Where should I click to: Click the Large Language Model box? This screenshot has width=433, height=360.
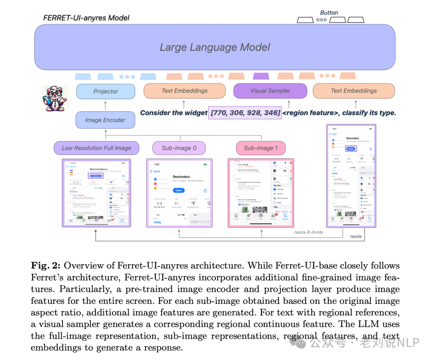(215, 47)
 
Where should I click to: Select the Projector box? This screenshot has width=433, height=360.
(105, 91)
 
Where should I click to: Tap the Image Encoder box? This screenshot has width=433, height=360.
(105, 120)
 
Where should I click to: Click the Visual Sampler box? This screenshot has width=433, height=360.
(270, 91)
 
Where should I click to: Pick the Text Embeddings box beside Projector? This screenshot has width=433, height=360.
(184, 91)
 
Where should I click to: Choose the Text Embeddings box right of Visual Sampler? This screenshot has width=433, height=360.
(354, 91)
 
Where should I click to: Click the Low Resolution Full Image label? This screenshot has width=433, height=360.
(96, 148)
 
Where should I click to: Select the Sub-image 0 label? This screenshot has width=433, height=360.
(179, 148)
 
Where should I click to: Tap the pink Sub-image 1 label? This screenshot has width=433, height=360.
(261, 148)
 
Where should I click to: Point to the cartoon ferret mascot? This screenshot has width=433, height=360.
(55, 98)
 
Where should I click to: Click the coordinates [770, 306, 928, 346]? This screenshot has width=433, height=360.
(245, 113)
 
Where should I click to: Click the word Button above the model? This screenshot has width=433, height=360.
(329, 12)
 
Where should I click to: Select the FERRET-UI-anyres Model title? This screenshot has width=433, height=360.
(86, 18)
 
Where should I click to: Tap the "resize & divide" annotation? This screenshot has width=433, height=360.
(308, 232)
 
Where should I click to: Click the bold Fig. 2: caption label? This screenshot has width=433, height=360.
(46, 266)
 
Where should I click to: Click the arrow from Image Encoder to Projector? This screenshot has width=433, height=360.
(105, 105)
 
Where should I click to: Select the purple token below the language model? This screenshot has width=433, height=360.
(261, 76)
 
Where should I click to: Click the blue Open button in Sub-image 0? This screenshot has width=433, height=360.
(179, 190)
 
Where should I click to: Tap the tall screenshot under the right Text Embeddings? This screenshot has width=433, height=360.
(352, 175)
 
